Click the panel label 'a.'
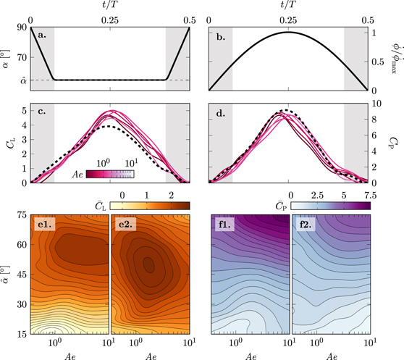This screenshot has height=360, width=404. click(x=41, y=34)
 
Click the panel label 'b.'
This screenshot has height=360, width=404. click(x=222, y=34)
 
